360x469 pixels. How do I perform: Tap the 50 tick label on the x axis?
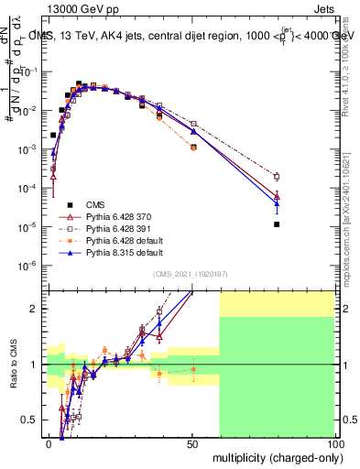[192, 443]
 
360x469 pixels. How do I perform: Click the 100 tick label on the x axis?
[335, 443]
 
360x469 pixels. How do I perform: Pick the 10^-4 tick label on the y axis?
[27, 189]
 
